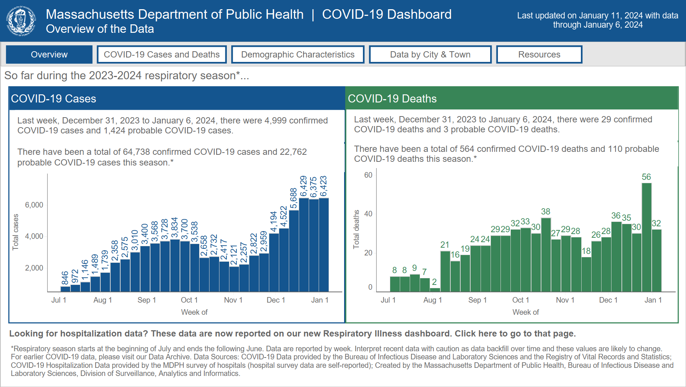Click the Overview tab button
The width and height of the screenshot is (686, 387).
click(x=49, y=55)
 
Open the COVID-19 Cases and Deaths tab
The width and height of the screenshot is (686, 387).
click(x=162, y=55)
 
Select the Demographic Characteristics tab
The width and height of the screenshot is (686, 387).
click(x=298, y=55)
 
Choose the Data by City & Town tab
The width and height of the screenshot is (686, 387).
click(x=430, y=55)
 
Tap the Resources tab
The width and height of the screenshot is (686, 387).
click(x=539, y=55)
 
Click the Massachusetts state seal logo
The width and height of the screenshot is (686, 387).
click(x=21, y=21)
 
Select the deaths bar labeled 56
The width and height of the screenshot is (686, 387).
click(x=646, y=238)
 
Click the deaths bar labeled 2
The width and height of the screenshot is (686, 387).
click(x=435, y=290)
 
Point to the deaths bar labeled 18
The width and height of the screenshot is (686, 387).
click(x=586, y=275)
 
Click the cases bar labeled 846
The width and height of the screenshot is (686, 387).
click(x=65, y=289)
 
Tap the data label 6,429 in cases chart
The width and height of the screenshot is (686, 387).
click(x=304, y=186)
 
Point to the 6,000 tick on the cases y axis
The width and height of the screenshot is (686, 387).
click(x=34, y=205)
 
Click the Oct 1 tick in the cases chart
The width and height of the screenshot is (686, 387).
click(x=189, y=300)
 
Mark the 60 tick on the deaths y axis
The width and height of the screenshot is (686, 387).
click(x=368, y=175)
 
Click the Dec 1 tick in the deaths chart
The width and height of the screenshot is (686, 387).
click(x=608, y=300)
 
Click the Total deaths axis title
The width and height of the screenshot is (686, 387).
click(x=356, y=229)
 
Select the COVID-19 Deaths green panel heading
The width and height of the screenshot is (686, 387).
click(x=392, y=99)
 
